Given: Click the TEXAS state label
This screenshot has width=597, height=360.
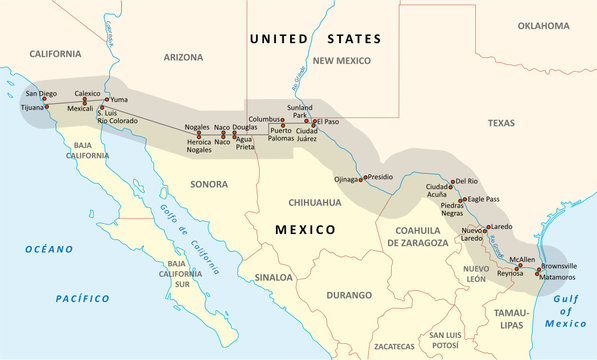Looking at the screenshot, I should tap(502, 122).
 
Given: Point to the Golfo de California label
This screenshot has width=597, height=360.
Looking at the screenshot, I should tap(190, 237).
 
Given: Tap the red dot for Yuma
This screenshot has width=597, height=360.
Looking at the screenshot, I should tap(107, 100).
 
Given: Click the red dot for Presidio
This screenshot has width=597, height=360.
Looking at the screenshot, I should tap(363, 178).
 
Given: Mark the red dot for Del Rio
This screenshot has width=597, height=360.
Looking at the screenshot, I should tap(452, 183).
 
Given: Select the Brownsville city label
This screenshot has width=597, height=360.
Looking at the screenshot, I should tap(560, 264).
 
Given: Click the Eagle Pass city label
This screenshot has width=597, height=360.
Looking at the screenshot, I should tap(483, 199).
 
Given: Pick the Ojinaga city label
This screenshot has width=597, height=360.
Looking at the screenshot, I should tap(345, 180).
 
